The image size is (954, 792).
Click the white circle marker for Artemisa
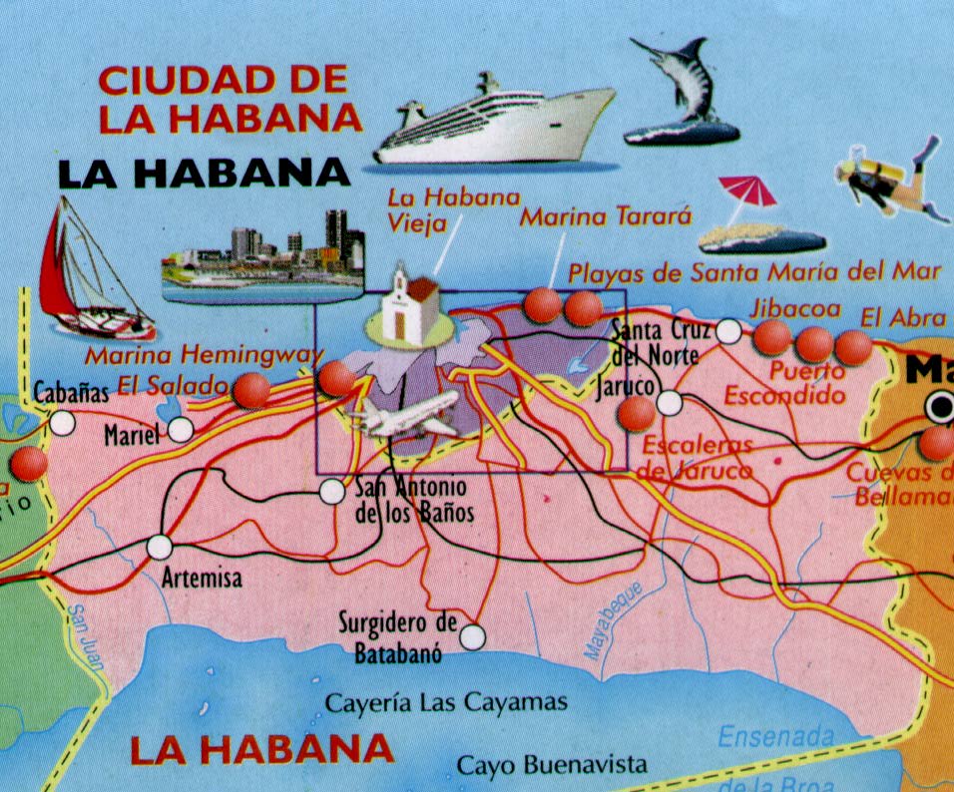(159, 548)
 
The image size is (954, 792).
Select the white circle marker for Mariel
(181, 430)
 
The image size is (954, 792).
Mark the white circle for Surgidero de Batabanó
(472, 635)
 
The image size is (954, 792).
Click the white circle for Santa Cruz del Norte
(729, 331)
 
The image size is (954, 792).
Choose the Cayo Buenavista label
(552, 766)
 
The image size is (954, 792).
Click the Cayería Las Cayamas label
(446, 703)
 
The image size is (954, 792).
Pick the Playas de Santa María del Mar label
(753, 271)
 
